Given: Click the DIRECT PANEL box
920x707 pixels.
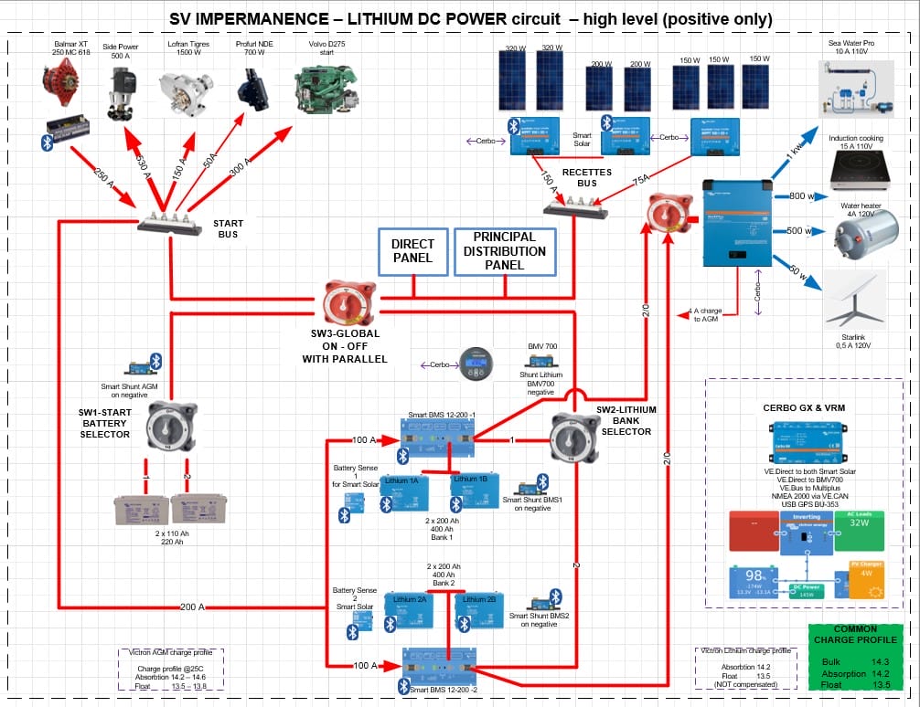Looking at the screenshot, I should click(x=413, y=251).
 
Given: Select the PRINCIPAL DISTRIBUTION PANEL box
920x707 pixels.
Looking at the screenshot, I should click(x=505, y=251).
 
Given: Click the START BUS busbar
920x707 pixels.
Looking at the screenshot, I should click(x=169, y=225).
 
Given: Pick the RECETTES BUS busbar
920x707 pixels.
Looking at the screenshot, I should click(x=575, y=211).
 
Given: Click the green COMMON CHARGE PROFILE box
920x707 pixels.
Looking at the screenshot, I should click(x=855, y=658).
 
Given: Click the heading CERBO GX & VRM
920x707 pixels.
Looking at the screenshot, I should click(x=805, y=406).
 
